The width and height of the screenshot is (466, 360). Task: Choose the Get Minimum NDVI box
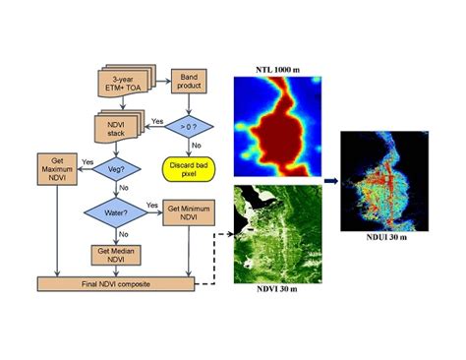pos(187,213)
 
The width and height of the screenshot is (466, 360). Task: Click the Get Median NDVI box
pos(115,254)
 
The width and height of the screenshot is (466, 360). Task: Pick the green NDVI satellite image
pos(275,232)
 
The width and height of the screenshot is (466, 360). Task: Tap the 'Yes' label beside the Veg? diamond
pos(87,161)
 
